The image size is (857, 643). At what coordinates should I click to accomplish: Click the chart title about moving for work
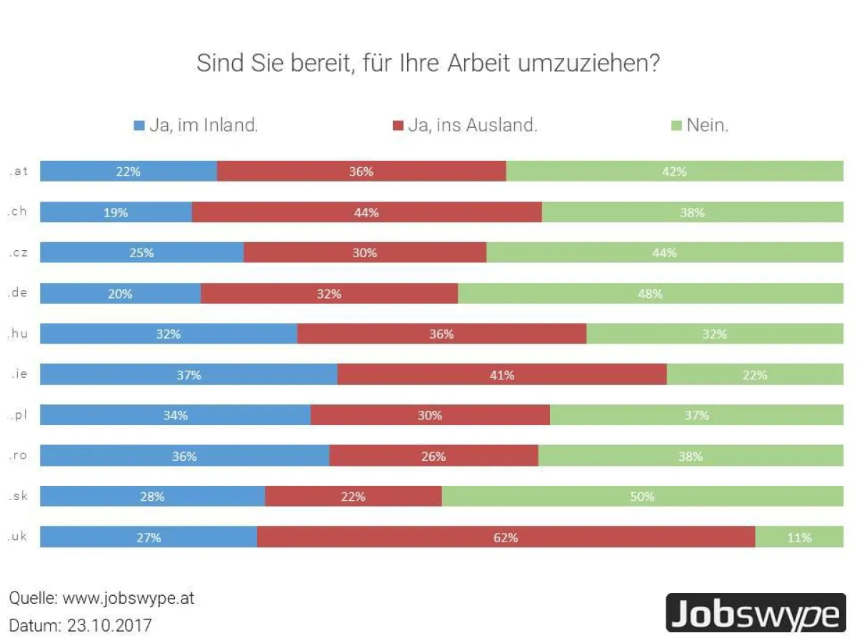pyautogui.click(x=428, y=63)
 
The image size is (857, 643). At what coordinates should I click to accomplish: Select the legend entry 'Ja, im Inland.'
pyautogui.click(x=196, y=126)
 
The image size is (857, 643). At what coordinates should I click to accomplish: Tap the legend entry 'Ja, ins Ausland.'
pyautogui.click(x=464, y=126)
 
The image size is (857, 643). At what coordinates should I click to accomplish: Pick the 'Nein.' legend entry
pyautogui.click(x=699, y=126)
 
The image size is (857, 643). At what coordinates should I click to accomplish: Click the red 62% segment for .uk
pyautogui.click(x=506, y=537)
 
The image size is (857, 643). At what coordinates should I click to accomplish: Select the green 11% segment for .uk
pyautogui.click(x=799, y=537)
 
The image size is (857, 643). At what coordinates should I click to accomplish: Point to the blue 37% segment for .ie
pyautogui.click(x=189, y=374)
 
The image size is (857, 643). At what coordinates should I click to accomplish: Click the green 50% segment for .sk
pyautogui.click(x=642, y=497)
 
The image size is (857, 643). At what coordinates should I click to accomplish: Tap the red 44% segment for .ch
pyautogui.click(x=366, y=212)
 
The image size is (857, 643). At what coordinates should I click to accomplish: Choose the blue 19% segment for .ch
pyautogui.click(x=116, y=212)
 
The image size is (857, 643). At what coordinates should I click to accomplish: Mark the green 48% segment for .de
pyautogui.click(x=650, y=294)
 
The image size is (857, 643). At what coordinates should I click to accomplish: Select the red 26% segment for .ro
pyautogui.click(x=433, y=456)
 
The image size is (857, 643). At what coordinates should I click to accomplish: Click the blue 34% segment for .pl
pyautogui.click(x=175, y=415)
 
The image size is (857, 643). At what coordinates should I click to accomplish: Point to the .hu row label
pyautogui.click(x=18, y=334)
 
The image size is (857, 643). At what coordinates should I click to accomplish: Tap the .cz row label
pyautogui.click(x=18, y=252)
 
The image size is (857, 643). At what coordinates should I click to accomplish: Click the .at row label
pyautogui.click(x=18, y=171)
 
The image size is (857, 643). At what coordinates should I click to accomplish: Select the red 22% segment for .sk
pyautogui.click(x=353, y=497)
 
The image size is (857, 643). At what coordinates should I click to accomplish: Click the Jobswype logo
pyautogui.click(x=756, y=613)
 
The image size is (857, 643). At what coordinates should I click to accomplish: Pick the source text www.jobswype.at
pyautogui.click(x=128, y=598)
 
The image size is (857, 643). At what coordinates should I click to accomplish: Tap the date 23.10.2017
pyautogui.click(x=109, y=625)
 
